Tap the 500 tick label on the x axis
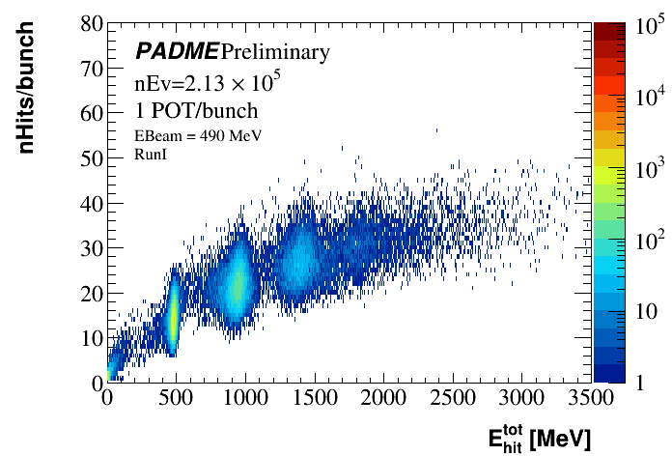pyautogui.click(x=175, y=397)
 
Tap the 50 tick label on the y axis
pyautogui.click(x=91, y=157)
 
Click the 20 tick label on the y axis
pyautogui.click(x=91, y=293)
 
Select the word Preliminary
pyautogui.click(x=275, y=51)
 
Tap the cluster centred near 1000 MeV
pyautogui.click(x=238, y=285)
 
